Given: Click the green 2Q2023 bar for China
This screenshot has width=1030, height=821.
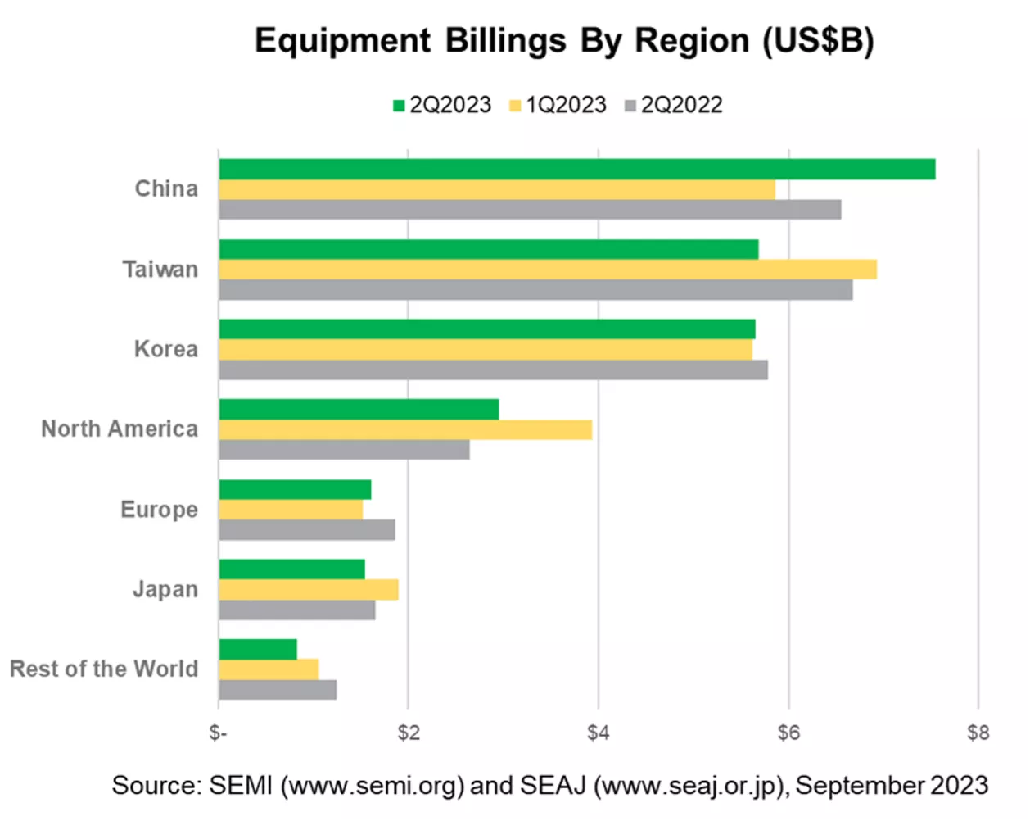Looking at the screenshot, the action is point(577,169).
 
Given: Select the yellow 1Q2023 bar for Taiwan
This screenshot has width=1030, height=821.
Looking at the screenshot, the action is point(548,270).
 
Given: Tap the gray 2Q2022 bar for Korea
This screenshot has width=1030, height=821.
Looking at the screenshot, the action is point(494,370).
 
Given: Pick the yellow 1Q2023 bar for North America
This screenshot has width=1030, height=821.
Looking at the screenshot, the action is point(405,429).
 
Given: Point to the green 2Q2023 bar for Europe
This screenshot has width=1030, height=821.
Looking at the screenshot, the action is point(295,489).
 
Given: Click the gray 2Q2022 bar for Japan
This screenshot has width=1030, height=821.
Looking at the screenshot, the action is point(297,610).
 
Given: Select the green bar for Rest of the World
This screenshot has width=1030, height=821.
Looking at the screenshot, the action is point(258,650).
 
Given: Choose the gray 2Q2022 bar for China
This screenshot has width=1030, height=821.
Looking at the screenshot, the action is point(531,210).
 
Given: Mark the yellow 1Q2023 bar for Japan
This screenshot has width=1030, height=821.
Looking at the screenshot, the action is point(309,590).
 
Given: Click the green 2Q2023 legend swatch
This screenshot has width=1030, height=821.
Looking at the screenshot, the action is point(399,106).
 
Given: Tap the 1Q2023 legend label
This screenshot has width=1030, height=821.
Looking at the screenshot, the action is point(567,105).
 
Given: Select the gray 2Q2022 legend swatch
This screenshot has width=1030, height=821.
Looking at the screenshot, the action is point(630,106).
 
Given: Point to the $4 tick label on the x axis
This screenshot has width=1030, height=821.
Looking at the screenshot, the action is point(599,733).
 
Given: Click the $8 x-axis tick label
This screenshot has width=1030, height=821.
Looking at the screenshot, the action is point(978,733).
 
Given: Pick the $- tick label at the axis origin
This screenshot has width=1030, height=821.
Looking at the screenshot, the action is point(219,733).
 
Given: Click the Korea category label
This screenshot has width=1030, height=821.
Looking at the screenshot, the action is point(166,349).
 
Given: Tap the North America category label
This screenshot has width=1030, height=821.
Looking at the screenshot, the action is point(120,429).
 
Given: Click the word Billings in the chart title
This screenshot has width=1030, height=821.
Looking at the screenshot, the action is point(505,41).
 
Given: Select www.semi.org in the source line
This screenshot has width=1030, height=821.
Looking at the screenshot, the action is point(373,786).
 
